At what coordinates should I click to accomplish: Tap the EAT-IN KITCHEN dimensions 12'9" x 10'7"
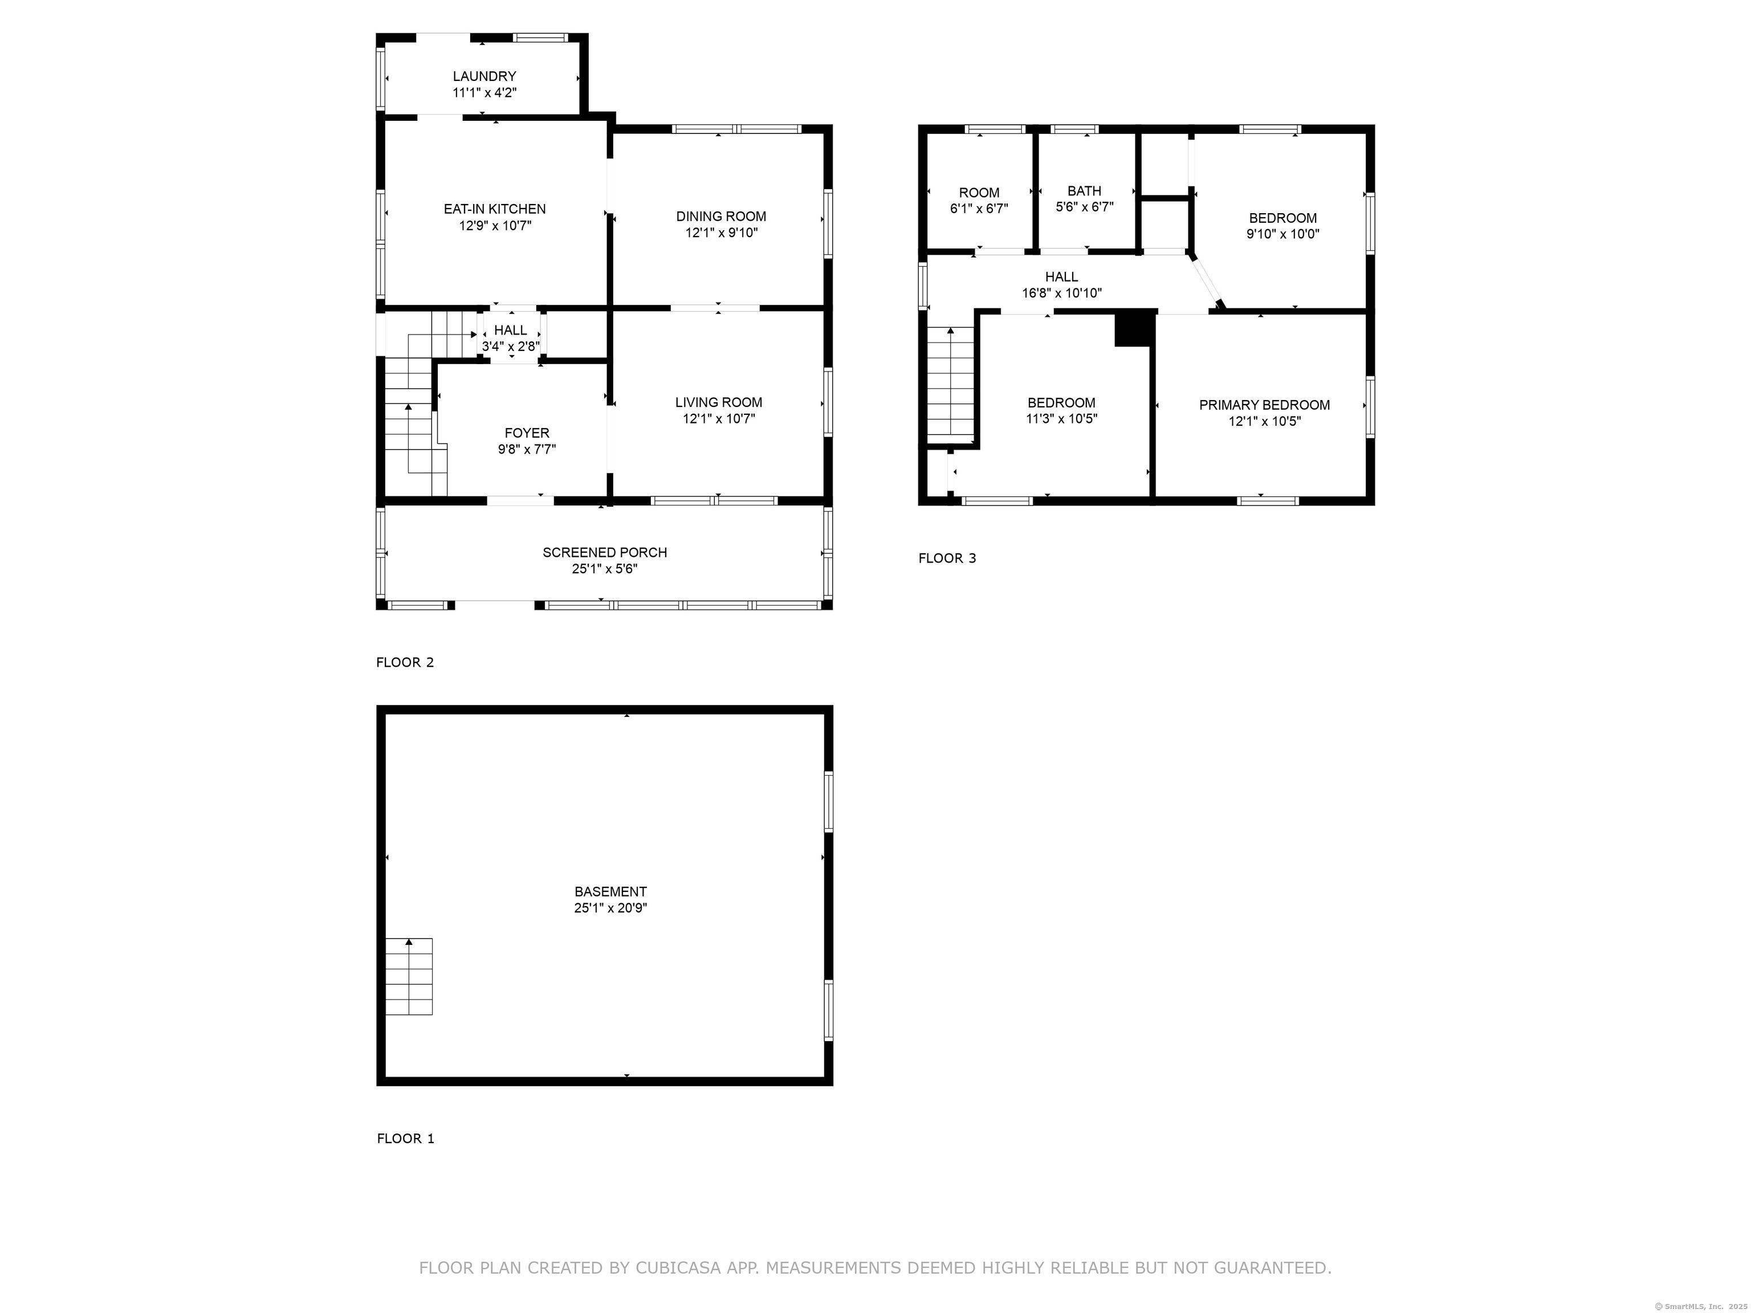[495, 226]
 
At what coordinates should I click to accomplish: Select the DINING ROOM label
[720, 216]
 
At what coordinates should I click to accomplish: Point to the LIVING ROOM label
[718, 402]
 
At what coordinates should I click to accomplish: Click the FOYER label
[527, 433]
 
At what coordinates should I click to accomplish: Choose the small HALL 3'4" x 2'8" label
[511, 338]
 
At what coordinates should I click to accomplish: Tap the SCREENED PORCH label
[604, 552]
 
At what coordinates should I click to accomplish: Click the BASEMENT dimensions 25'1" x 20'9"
[610, 908]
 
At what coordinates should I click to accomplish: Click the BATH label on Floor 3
[1084, 191]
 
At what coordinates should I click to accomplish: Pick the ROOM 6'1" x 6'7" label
[979, 200]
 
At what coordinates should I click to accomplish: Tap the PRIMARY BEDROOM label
[1264, 405]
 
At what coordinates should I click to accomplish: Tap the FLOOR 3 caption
[947, 558]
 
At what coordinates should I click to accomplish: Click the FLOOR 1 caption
[405, 1139]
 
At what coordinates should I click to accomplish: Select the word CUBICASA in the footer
[678, 1268]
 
